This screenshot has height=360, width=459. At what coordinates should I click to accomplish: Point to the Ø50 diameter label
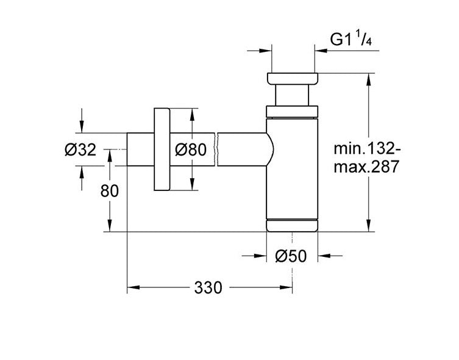coord(291,256)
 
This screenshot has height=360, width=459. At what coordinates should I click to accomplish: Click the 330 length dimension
coord(207,287)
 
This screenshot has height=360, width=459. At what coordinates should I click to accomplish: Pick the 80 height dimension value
coord(109,191)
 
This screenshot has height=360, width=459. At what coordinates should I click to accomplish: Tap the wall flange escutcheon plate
coord(162,149)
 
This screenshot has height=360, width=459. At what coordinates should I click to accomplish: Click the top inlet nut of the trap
coord(292,79)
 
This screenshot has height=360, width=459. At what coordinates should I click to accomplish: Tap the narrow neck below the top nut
coord(292,95)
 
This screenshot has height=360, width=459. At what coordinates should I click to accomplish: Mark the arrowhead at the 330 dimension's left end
coord(132,286)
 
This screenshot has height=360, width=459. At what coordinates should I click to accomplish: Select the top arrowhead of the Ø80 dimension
coord(192,114)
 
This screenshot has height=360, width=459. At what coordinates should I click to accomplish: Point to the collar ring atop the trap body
coord(292,110)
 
